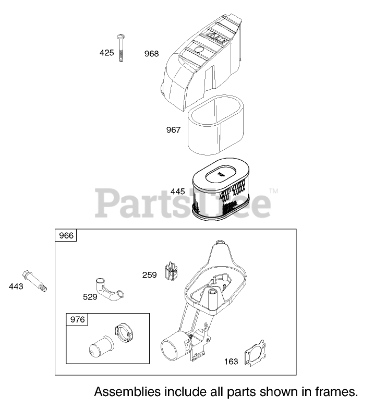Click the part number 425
pyautogui.click(x=106, y=53)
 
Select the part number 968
pyautogui.click(x=152, y=54)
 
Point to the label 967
pyautogui.click(x=173, y=129)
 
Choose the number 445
pyautogui.click(x=177, y=191)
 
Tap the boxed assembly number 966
pyautogui.click(x=66, y=236)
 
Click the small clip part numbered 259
pyautogui.click(x=171, y=271)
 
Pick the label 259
pyautogui.click(x=150, y=274)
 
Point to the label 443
pyautogui.click(x=16, y=286)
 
